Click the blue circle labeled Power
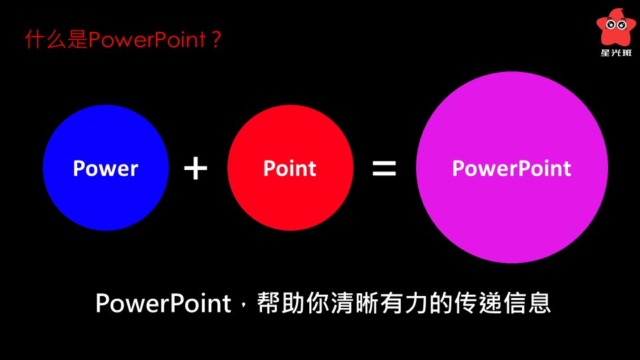(106, 168)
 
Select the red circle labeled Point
(290, 168)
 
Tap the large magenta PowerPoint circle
(512, 167)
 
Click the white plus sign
(195, 168)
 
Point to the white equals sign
(384, 168)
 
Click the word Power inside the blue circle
(106, 169)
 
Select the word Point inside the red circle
(290, 169)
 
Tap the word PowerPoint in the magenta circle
(511, 169)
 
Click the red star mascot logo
(616, 27)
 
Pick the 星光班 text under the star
(616, 53)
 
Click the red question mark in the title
(216, 40)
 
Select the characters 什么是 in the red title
(56, 39)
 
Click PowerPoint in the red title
(147, 40)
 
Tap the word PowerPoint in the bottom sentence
(163, 303)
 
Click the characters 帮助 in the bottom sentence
(281, 303)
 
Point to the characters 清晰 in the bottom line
(355, 303)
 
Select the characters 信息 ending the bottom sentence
(527, 303)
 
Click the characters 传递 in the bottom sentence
(478, 303)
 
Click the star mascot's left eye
(611, 25)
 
